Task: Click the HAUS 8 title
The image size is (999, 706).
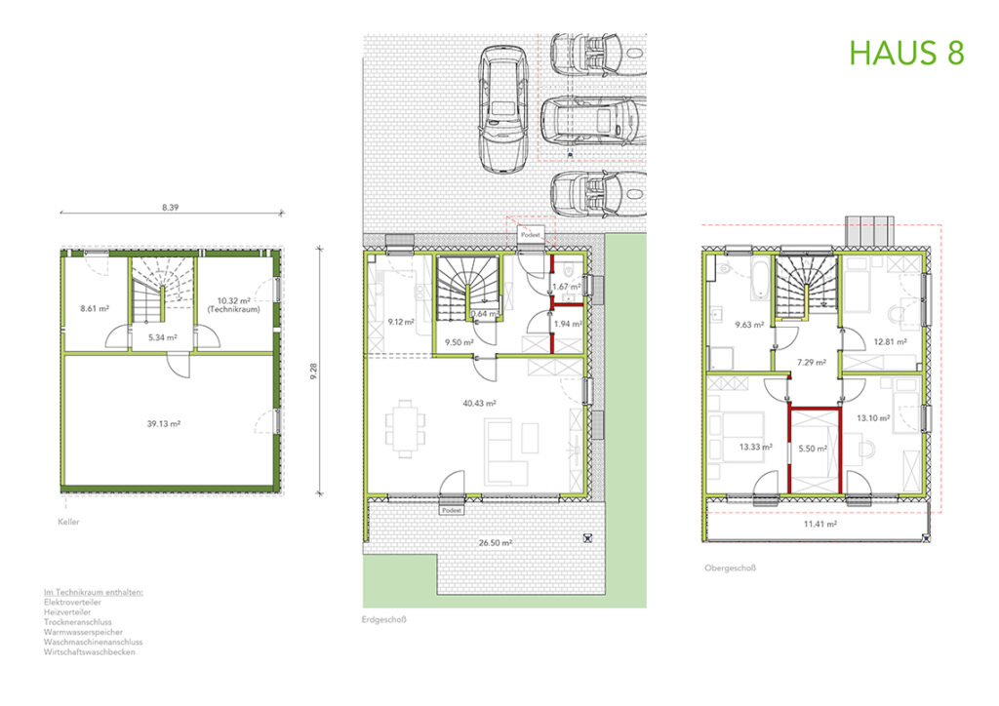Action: (x=906, y=53)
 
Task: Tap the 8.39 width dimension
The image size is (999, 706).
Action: (x=170, y=207)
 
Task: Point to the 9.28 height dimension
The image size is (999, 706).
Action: (x=313, y=372)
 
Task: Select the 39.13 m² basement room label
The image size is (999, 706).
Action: (x=164, y=423)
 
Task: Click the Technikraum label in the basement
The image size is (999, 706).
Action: (x=234, y=309)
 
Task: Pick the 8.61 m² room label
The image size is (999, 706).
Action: (x=95, y=308)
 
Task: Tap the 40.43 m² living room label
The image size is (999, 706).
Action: (x=479, y=403)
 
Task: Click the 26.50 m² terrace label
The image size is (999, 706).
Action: (x=496, y=543)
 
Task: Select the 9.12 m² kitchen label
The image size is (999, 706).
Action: (x=401, y=322)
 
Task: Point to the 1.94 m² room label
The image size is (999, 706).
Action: (x=568, y=324)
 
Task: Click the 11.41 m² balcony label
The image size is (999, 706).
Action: (x=819, y=524)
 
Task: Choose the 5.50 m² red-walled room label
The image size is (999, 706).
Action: (x=813, y=449)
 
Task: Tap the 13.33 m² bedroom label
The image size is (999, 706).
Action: (x=756, y=447)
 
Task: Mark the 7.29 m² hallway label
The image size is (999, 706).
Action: (x=812, y=362)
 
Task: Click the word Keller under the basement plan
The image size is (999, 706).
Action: (x=69, y=522)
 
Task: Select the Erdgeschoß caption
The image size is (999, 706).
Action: (x=383, y=619)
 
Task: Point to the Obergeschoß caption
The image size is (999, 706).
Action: (x=730, y=568)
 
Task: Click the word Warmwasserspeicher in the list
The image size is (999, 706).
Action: (x=83, y=632)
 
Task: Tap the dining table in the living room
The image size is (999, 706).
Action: (x=405, y=428)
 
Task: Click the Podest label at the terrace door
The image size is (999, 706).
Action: (x=452, y=511)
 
